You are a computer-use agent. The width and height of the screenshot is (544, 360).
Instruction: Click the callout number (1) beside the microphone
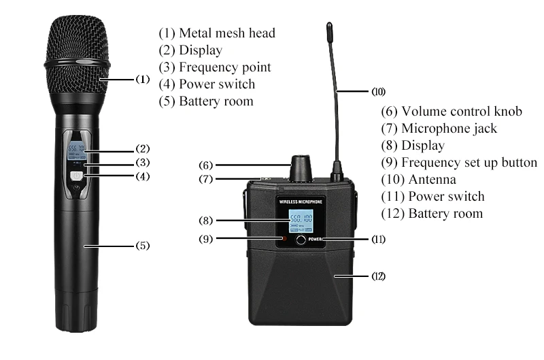[142, 79]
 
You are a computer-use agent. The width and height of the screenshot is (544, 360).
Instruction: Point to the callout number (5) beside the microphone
[142, 245]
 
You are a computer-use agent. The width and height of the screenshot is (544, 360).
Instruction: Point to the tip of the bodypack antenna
[329, 27]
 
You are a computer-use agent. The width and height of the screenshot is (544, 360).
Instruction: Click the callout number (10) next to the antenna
[378, 91]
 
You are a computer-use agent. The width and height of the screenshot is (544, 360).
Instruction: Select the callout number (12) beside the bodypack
[378, 276]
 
